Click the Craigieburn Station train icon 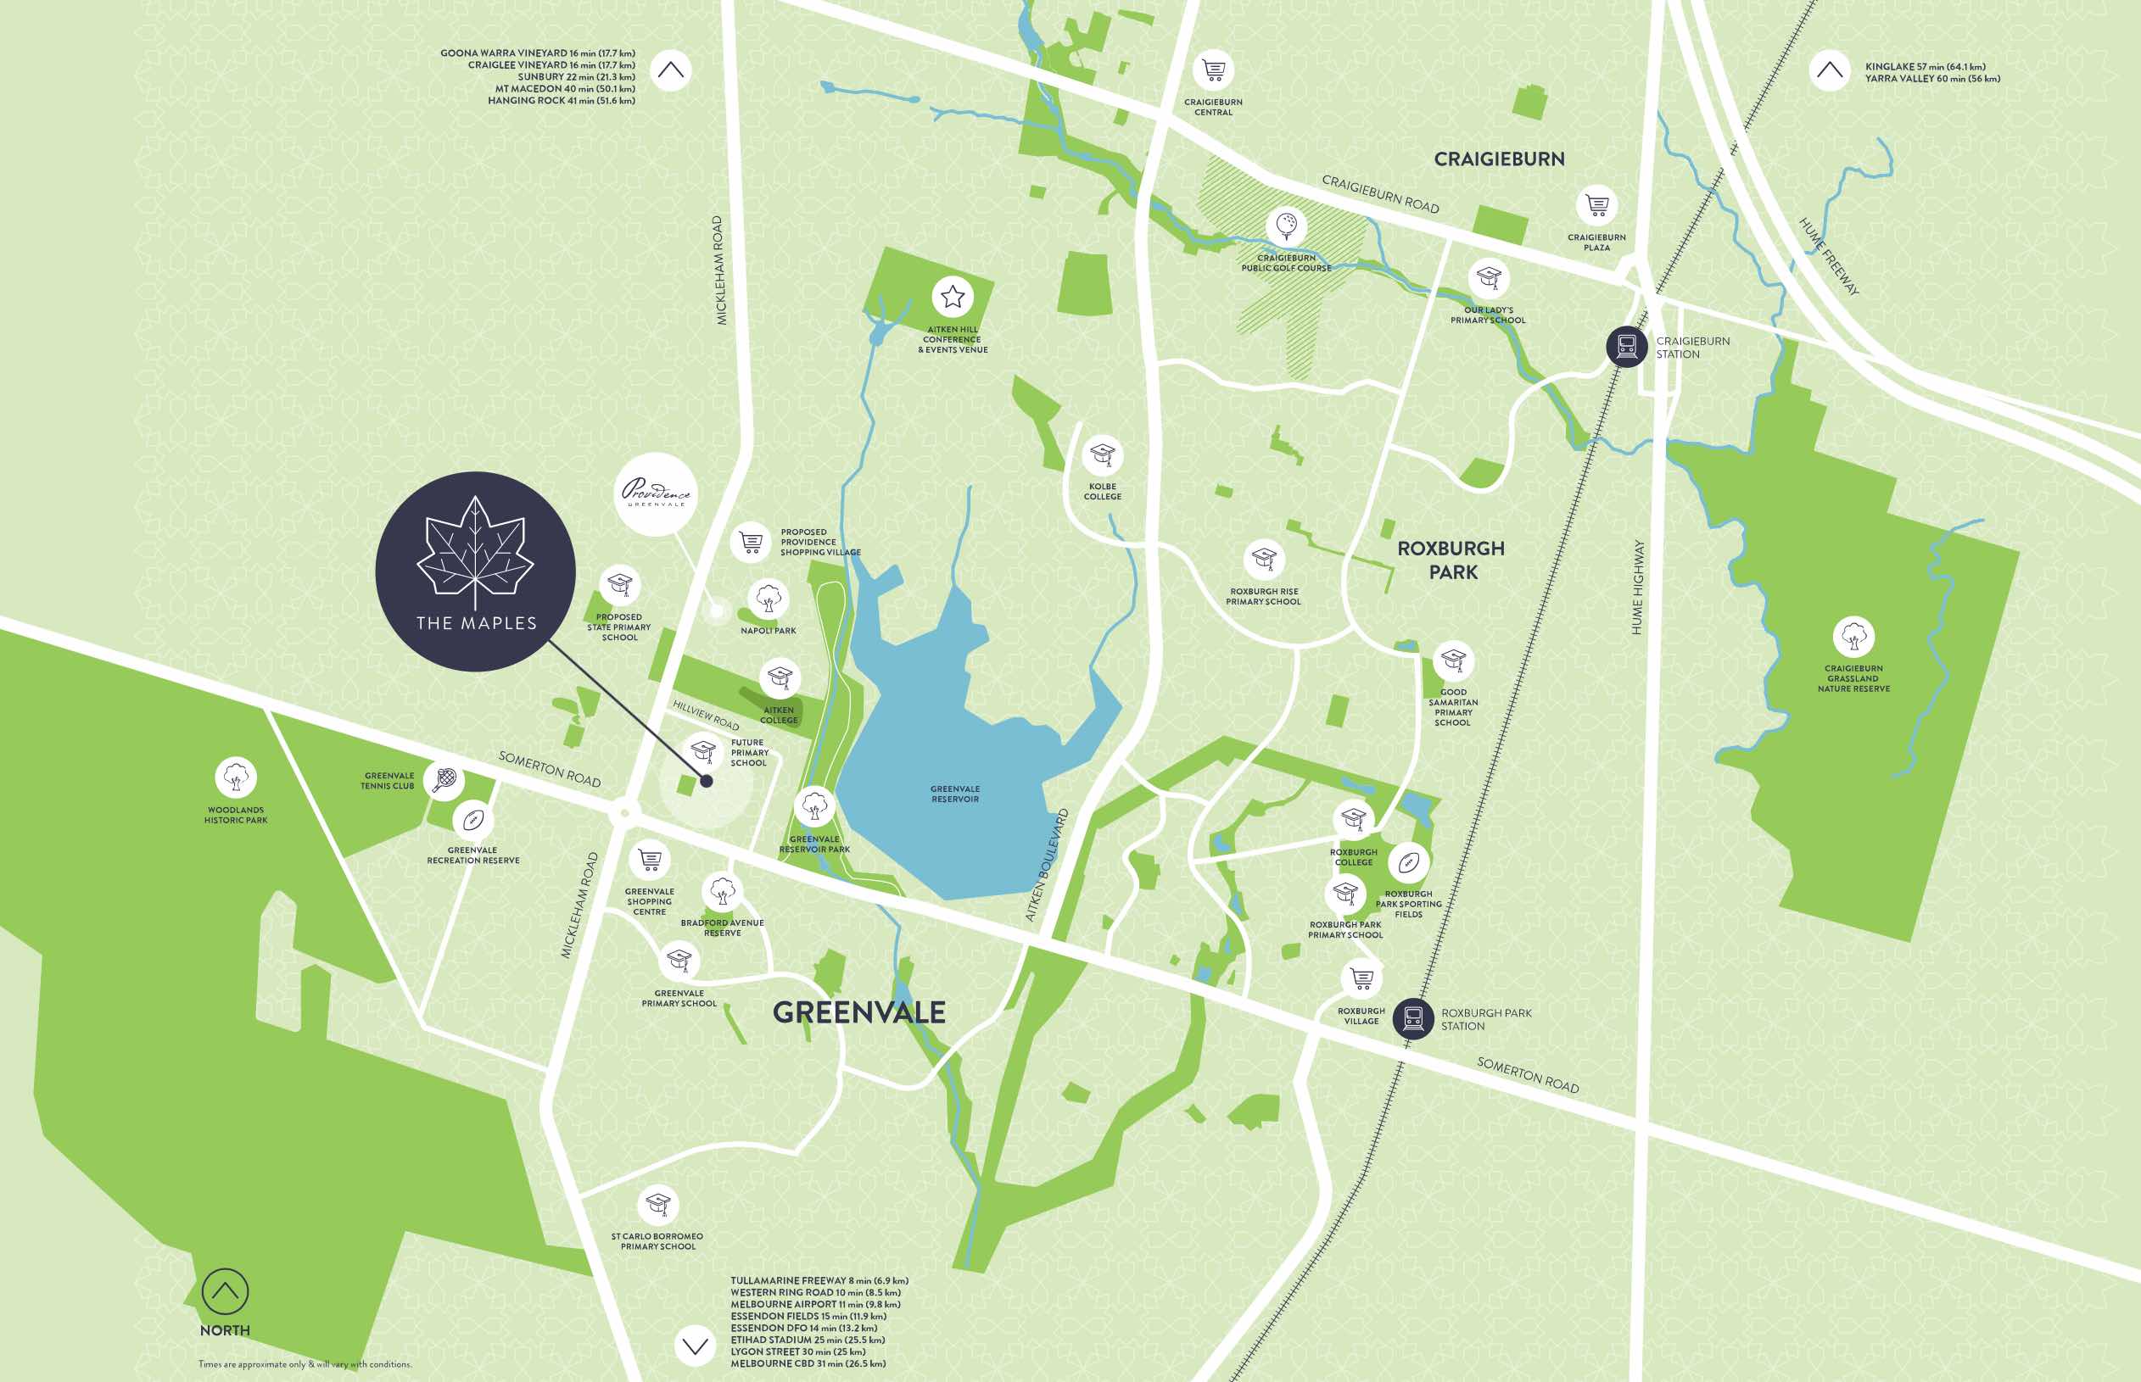coord(1627,346)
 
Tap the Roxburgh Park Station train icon coord(1413,1018)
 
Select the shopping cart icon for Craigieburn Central coord(1213,70)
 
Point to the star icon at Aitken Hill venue coord(953,296)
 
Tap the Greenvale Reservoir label coord(955,794)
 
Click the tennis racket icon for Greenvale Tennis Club coord(444,779)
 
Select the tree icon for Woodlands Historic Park coord(235,777)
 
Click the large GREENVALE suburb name coord(859,1012)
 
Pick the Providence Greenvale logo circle coord(657,493)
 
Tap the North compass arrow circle coord(225,1291)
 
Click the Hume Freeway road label coord(1829,257)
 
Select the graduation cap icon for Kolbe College coord(1102,456)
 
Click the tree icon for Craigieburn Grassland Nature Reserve coord(1853,637)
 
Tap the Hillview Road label coord(706,716)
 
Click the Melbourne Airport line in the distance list coord(815,1304)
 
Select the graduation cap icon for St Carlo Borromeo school coord(658,1203)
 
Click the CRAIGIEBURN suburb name coord(1498,159)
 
